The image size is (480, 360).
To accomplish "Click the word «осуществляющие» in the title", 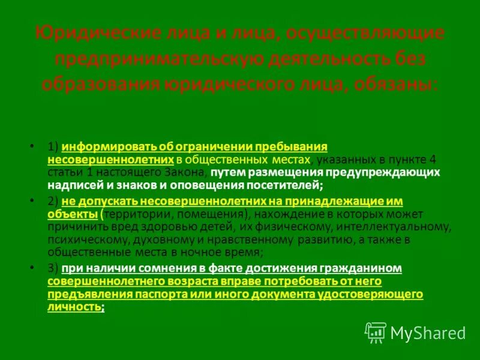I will point(365,33).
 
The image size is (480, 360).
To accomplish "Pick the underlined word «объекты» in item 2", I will point(72,214).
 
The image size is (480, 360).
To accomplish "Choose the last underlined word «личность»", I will point(73,306).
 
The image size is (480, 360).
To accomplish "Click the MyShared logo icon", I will point(376,332).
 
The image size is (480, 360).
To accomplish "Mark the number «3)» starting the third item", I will point(53,268).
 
